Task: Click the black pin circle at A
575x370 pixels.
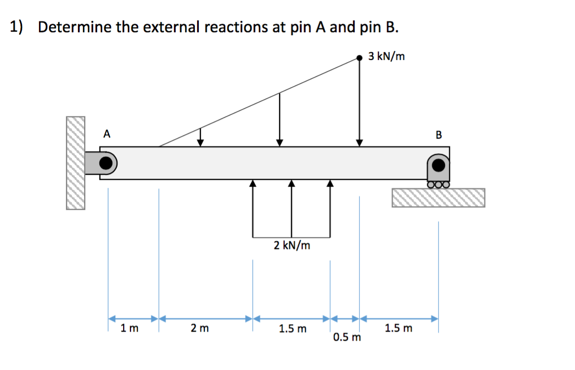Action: tap(106, 164)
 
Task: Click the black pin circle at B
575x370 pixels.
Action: tap(438, 165)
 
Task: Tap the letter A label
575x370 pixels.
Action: tap(107, 134)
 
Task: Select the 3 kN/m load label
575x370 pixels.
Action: tap(386, 57)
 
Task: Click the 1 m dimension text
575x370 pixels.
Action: tap(129, 328)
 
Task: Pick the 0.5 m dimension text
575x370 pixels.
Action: tap(346, 338)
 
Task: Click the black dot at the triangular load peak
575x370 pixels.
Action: tap(359, 57)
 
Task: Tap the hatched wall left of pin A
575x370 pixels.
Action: tap(75, 163)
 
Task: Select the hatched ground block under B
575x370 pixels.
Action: tap(438, 197)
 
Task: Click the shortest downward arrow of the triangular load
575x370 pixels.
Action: tap(200, 136)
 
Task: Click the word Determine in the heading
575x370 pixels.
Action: tap(75, 27)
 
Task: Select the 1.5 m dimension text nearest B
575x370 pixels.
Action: tap(399, 328)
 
